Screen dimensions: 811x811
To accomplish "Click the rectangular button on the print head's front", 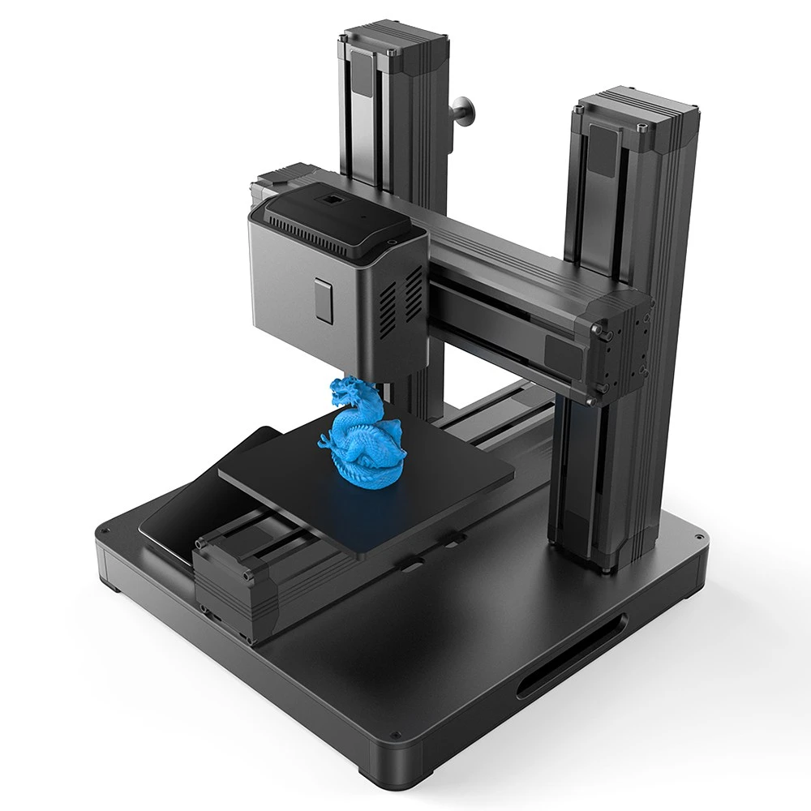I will pos(324,301).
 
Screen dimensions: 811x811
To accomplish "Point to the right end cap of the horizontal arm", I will pos(620,341).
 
